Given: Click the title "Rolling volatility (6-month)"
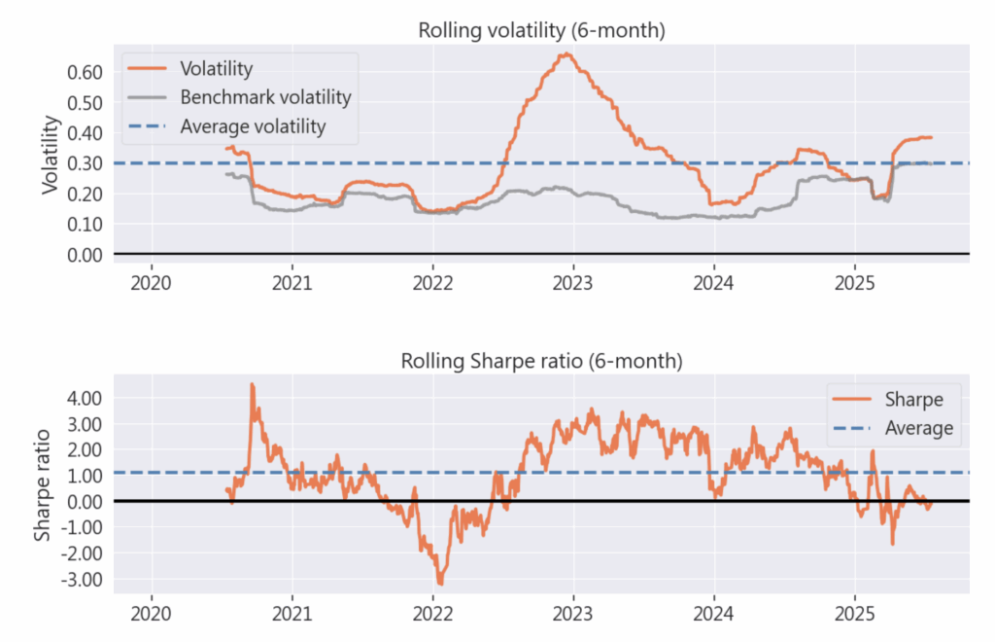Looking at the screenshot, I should [541, 30].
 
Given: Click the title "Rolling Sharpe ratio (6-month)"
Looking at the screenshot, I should [541, 361].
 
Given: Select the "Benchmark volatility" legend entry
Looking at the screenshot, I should [265, 97].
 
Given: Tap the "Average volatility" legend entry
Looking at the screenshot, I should [253, 126].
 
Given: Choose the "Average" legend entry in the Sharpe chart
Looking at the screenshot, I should [918, 428].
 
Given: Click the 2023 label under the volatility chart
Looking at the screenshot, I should [572, 284].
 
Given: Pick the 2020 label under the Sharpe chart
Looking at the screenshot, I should [151, 615].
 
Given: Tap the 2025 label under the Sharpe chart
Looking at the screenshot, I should [853, 615].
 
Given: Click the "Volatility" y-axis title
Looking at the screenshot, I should [51, 157].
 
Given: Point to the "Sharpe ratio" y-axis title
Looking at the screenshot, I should [44, 486].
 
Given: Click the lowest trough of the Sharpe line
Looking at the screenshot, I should [440, 584].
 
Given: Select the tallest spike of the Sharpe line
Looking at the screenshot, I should [252, 384].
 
